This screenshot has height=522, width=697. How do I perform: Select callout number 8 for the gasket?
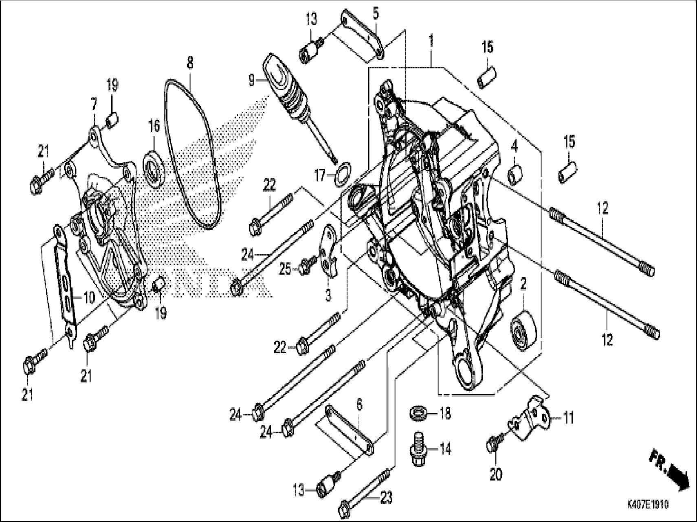point(190,63)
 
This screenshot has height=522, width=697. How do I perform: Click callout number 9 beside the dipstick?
point(251,80)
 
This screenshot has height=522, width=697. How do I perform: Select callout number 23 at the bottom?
point(387,497)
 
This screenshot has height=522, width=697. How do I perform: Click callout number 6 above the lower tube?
point(359,405)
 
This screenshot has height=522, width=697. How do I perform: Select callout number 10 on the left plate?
point(89,297)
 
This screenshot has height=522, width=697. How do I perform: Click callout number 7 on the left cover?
point(94,105)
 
